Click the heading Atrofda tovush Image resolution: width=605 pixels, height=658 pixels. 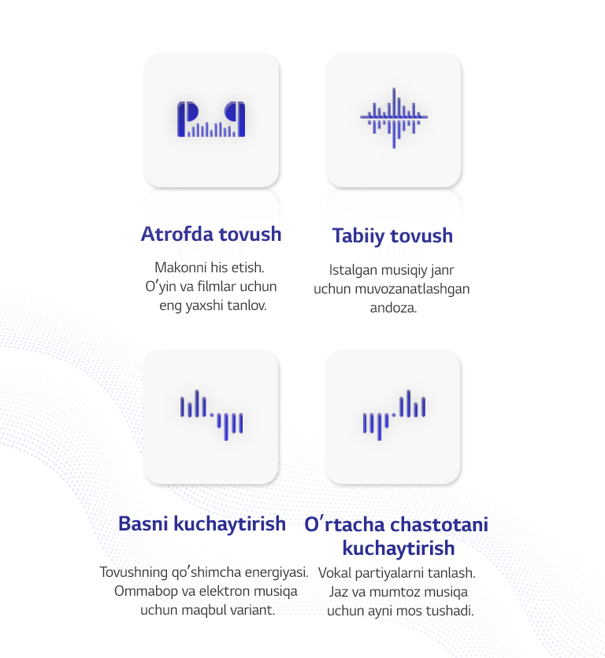[x=211, y=234]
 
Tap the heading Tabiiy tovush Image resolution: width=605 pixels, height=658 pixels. [x=392, y=235]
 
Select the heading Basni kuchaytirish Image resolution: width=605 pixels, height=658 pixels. [x=202, y=523]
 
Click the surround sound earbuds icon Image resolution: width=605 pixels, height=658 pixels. [x=211, y=120]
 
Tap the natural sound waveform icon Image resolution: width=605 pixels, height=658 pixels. [x=393, y=119]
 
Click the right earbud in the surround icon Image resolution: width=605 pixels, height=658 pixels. [x=236, y=117]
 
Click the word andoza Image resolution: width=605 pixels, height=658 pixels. [x=392, y=308]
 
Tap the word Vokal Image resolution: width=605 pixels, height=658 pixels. [x=336, y=573]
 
